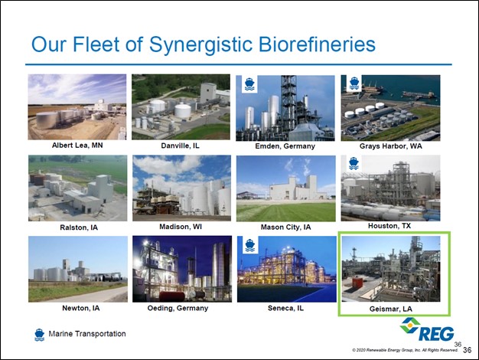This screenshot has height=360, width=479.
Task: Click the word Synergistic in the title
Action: pyautogui.click(x=200, y=44)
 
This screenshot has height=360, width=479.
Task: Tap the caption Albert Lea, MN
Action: pyautogui.click(x=77, y=146)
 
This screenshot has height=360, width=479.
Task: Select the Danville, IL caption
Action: pyautogui.click(x=181, y=146)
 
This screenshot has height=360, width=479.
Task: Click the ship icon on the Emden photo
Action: pyautogui.click(x=249, y=83)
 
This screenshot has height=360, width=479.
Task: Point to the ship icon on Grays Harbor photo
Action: pyautogui.click(x=354, y=83)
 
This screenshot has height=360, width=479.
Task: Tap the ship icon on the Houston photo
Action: pyautogui.click(x=354, y=163)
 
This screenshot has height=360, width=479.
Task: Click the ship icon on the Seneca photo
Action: pyautogui.click(x=250, y=245)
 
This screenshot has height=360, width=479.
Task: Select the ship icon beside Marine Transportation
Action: pyautogui.click(x=40, y=335)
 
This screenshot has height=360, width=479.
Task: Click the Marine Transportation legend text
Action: pyautogui.click(x=87, y=334)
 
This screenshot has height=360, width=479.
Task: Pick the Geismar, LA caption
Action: pyautogui.click(x=391, y=309)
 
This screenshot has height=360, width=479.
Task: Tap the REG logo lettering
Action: pyautogui.click(x=436, y=333)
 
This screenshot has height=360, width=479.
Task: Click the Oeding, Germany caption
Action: pyautogui.click(x=178, y=308)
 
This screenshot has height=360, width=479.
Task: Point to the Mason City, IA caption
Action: pyautogui.click(x=285, y=227)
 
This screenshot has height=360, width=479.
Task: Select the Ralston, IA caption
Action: pyautogui.click(x=79, y=227)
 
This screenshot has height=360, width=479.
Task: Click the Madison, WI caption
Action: pyautogui.click(x=181, y=227)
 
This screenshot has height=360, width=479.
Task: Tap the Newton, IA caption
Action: pyautogui.click(x=81, y=308)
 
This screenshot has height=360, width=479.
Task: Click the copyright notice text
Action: pyautogui.click(x=405, y=350)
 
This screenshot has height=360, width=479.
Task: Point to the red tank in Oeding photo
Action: pyautogui.click(x=171, y=296)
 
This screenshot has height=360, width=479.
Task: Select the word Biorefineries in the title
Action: pyautogui.click(x=317, y=44)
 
